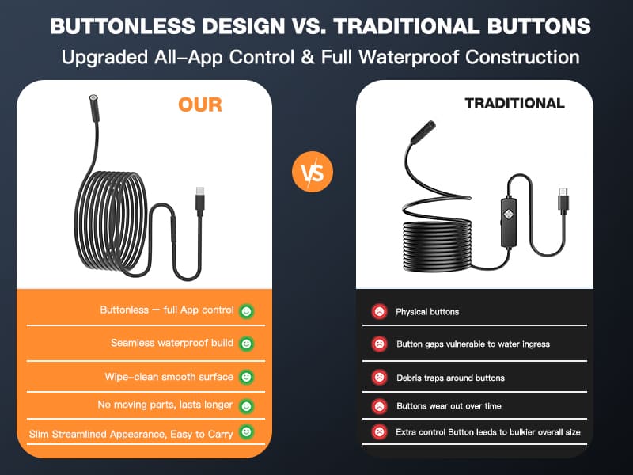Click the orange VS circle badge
[313, 172]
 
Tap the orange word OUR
[200, 104]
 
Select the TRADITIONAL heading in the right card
[515, 104]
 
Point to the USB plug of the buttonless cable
[200, 199]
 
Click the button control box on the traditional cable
[508, 222]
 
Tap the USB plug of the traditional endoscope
[563, 199]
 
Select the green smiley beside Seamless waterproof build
[246, 344]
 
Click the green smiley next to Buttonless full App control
[246, 311]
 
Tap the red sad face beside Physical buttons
[379, 311]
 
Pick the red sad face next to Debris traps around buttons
[379, 378]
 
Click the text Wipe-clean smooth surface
[169, 377]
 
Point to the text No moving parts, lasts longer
[165, 405]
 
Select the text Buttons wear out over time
[449, 406]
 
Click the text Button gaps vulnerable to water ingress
[473, 344]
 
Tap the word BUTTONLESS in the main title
[123, 26]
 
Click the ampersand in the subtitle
[308, 57]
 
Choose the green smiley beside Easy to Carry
[246, 431]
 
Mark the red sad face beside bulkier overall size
[379, 431]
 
